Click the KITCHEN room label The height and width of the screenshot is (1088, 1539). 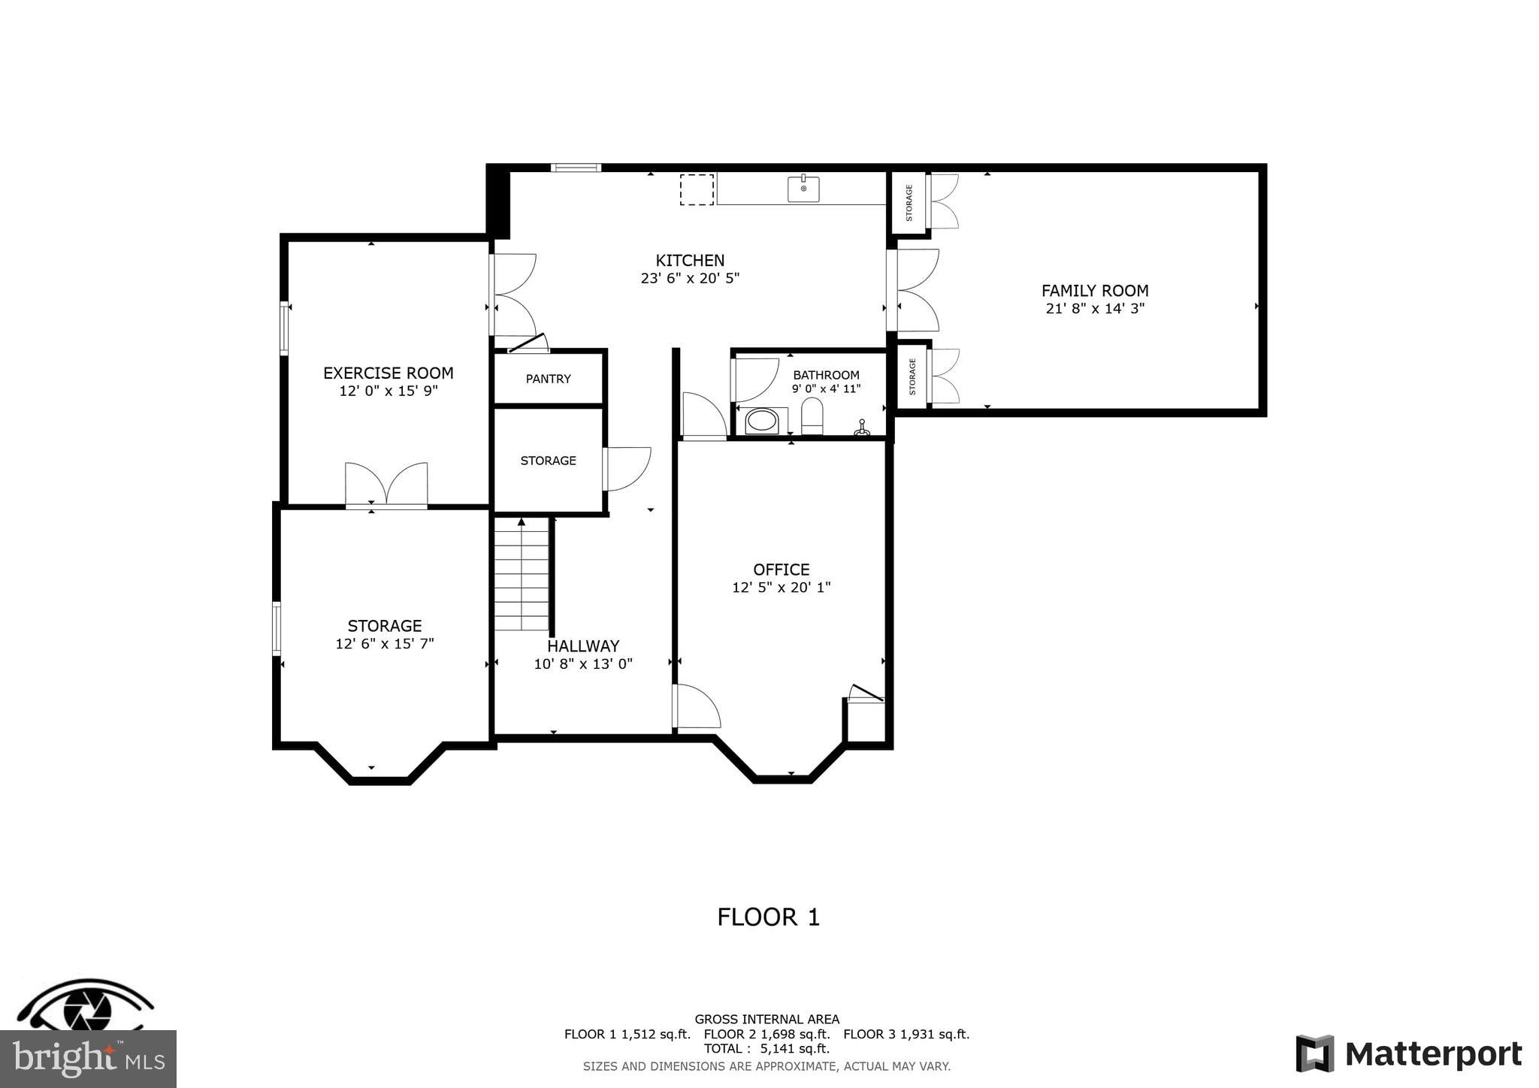[x=690, y=261]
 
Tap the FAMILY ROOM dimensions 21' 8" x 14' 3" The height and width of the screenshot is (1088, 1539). [x=1095, y=309]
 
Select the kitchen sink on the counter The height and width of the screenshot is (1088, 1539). [x=803, y=189]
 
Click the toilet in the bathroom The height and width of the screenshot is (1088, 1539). [x=812, y=416]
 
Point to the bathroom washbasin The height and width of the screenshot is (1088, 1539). [x=762, y=421]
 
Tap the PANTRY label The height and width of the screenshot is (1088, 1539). [x=548, y=379]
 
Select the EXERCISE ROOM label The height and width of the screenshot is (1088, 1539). [x=388, y=373]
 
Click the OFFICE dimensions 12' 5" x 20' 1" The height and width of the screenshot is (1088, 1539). [x=782, y=588]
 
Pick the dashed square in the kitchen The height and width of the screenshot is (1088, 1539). [x=697, y=189]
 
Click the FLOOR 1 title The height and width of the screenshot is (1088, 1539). [x=768, y=917]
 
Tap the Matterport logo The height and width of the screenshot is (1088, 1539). [x=1409, y=1054]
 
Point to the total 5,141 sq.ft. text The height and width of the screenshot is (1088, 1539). [x=766, y=1049]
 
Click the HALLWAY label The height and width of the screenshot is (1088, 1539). [x=583, y=646]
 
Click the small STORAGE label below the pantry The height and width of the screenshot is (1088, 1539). [x=548, y=461]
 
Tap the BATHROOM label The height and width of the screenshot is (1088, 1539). [x=826, y=375]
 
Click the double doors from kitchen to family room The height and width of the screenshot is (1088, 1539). [x=916, y=290]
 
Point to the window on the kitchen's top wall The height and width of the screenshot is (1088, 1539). [x=576, y=168]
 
